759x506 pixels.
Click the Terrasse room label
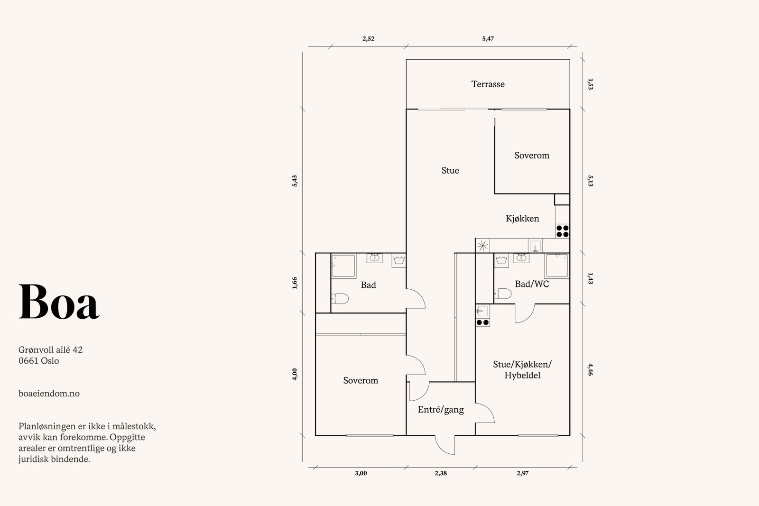pos(488,84)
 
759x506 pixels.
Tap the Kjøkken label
pos(522,219)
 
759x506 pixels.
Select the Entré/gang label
pos(441,410)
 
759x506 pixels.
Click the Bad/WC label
pos(532,284)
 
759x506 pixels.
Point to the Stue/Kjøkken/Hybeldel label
pos(522,370)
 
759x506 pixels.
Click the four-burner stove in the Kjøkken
pos(563,231)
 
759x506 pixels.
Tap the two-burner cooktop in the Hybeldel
pos(482,322)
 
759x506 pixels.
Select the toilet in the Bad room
pos(340,299)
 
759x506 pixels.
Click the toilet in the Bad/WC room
pos(502,293)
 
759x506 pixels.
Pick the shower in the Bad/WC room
pos(557,266)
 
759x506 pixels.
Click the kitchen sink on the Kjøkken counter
pos(535,246)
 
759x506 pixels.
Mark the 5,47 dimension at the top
pos(488,38)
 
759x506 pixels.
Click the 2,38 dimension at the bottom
pos(441,473)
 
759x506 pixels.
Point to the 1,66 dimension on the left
pos(295,283)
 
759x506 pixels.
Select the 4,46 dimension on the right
pos(590,369)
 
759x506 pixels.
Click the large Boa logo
pos(59,302)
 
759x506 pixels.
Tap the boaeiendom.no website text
pos(49,394)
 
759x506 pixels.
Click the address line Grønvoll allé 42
pos(50,350)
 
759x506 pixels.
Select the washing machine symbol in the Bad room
pos(399,261)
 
